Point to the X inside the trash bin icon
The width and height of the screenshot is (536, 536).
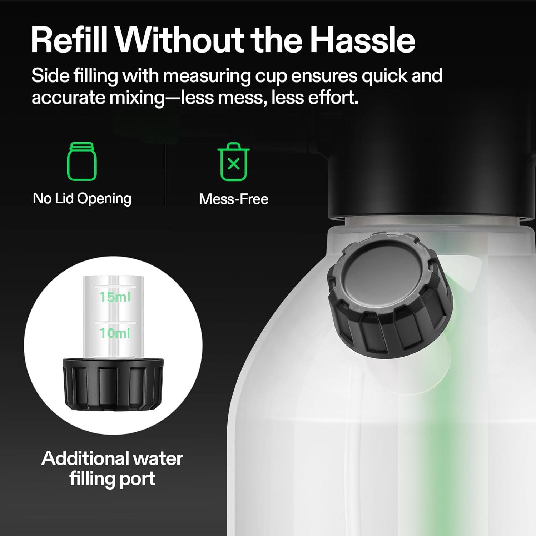click(x=233, y=164)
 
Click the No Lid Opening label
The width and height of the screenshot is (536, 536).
click(x=82, y=199)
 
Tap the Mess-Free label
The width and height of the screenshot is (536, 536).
click(x=233, y=199)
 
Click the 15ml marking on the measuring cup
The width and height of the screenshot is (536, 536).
click(x=115, y=297)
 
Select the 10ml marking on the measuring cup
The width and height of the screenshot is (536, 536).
click(x=115, y=333)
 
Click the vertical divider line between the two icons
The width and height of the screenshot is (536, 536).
click(x=165, y=174)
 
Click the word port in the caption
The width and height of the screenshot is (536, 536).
click(x=137, y=479)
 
